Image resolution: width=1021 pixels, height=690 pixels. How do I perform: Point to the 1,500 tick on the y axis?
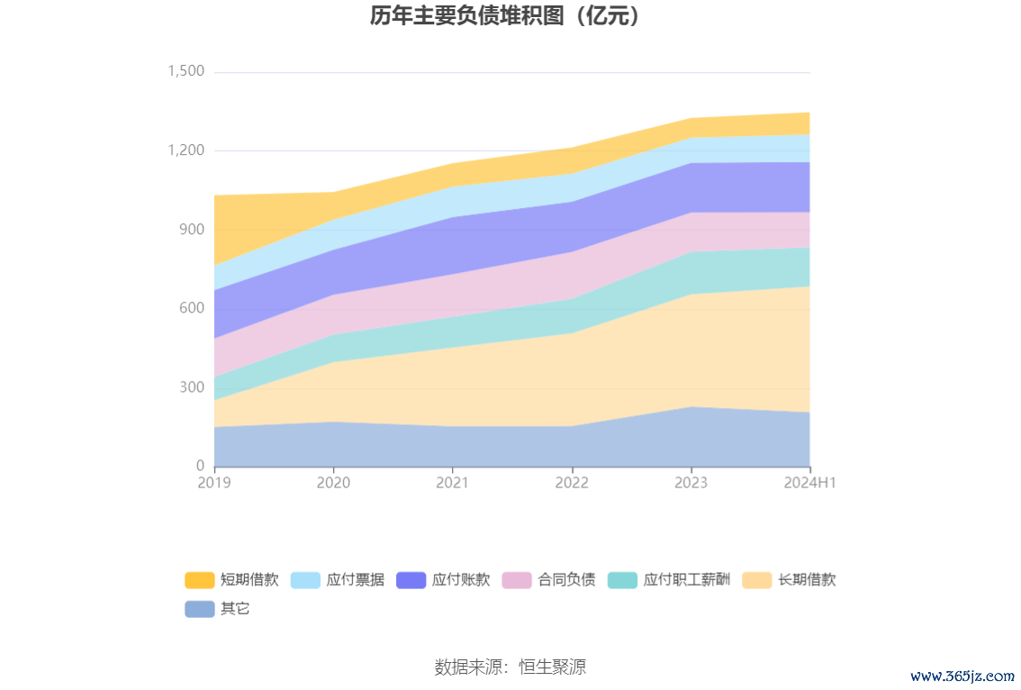click(186, 71)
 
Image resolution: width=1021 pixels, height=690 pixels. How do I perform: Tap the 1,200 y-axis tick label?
click(186, 150)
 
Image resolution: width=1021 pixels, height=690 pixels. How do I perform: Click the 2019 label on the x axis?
click(214, 483)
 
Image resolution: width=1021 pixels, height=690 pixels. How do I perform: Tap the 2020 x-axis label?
click(333, 483)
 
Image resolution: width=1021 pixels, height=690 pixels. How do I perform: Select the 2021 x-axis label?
click(452, 483)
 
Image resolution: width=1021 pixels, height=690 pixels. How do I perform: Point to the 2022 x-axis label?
click(572, 483)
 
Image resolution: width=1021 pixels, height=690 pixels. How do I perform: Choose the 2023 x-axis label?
click(691, 483)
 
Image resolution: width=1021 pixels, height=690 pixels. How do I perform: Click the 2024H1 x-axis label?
click(810, 483)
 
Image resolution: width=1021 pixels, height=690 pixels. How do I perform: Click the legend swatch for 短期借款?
click(200, 580)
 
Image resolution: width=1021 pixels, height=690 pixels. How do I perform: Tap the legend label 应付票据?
click(356, 580)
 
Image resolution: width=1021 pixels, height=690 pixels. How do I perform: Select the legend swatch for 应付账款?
click(411, 580)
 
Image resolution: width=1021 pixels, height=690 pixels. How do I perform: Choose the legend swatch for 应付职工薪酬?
click(623, 580)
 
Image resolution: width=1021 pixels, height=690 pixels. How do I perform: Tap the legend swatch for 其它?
click(200, 609)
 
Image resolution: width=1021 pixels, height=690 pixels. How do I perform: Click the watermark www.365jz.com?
click(962, 675)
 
